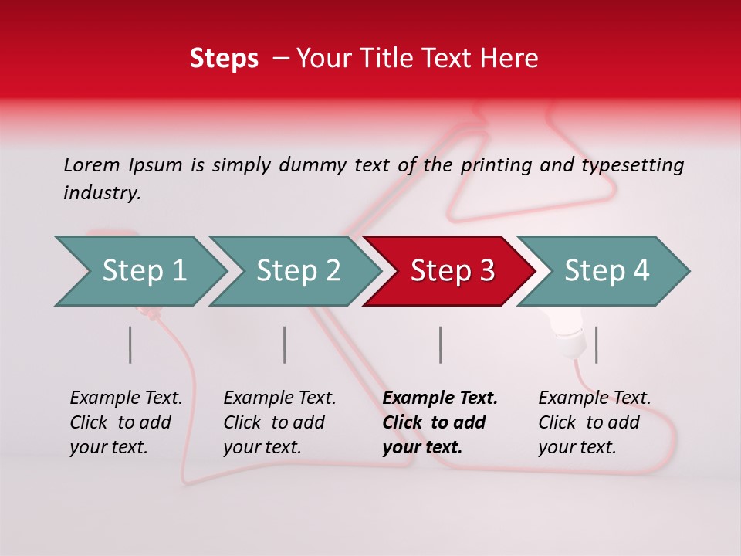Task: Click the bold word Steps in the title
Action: tap(224, 59)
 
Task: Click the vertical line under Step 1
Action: tap(130, 344)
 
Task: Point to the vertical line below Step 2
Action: tap(285, 344)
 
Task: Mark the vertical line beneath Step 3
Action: tap(441, 344)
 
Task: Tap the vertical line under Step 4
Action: tap(596, 344)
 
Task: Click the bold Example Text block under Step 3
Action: tap(440, 422)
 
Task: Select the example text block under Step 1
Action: tap(126, 422)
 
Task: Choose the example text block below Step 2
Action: tap(279, 422)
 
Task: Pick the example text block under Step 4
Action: tap(594, 422)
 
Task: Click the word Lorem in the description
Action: tap(92, 164)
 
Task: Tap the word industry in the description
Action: tap(102, 193)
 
